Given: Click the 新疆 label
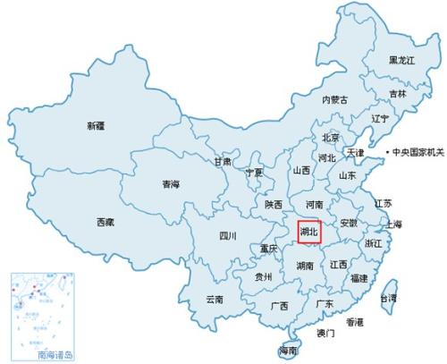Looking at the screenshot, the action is pos(97,126).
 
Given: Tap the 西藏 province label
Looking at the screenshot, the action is pos(105,222).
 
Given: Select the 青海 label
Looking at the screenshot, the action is pos(171,184).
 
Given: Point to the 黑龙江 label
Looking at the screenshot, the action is pos(401,60).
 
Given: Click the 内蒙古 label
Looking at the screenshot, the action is pos(334,99).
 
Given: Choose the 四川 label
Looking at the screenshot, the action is pos(228,236).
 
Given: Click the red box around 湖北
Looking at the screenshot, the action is pos(309,232).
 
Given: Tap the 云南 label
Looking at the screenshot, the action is pos(215,299).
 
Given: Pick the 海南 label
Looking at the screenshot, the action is pos(288,350).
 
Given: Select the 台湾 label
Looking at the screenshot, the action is pos(389,297).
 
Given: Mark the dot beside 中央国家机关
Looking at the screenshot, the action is pos(389,153).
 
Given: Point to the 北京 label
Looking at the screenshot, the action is pos(331,138).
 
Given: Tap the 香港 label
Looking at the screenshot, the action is pos(355,321).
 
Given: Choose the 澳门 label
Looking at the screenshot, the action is pos(325,333).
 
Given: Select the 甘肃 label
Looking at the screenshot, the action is pos(223,162).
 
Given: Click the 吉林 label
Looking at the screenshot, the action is pos(397,93).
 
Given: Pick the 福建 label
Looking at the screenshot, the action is pos(359,278).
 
